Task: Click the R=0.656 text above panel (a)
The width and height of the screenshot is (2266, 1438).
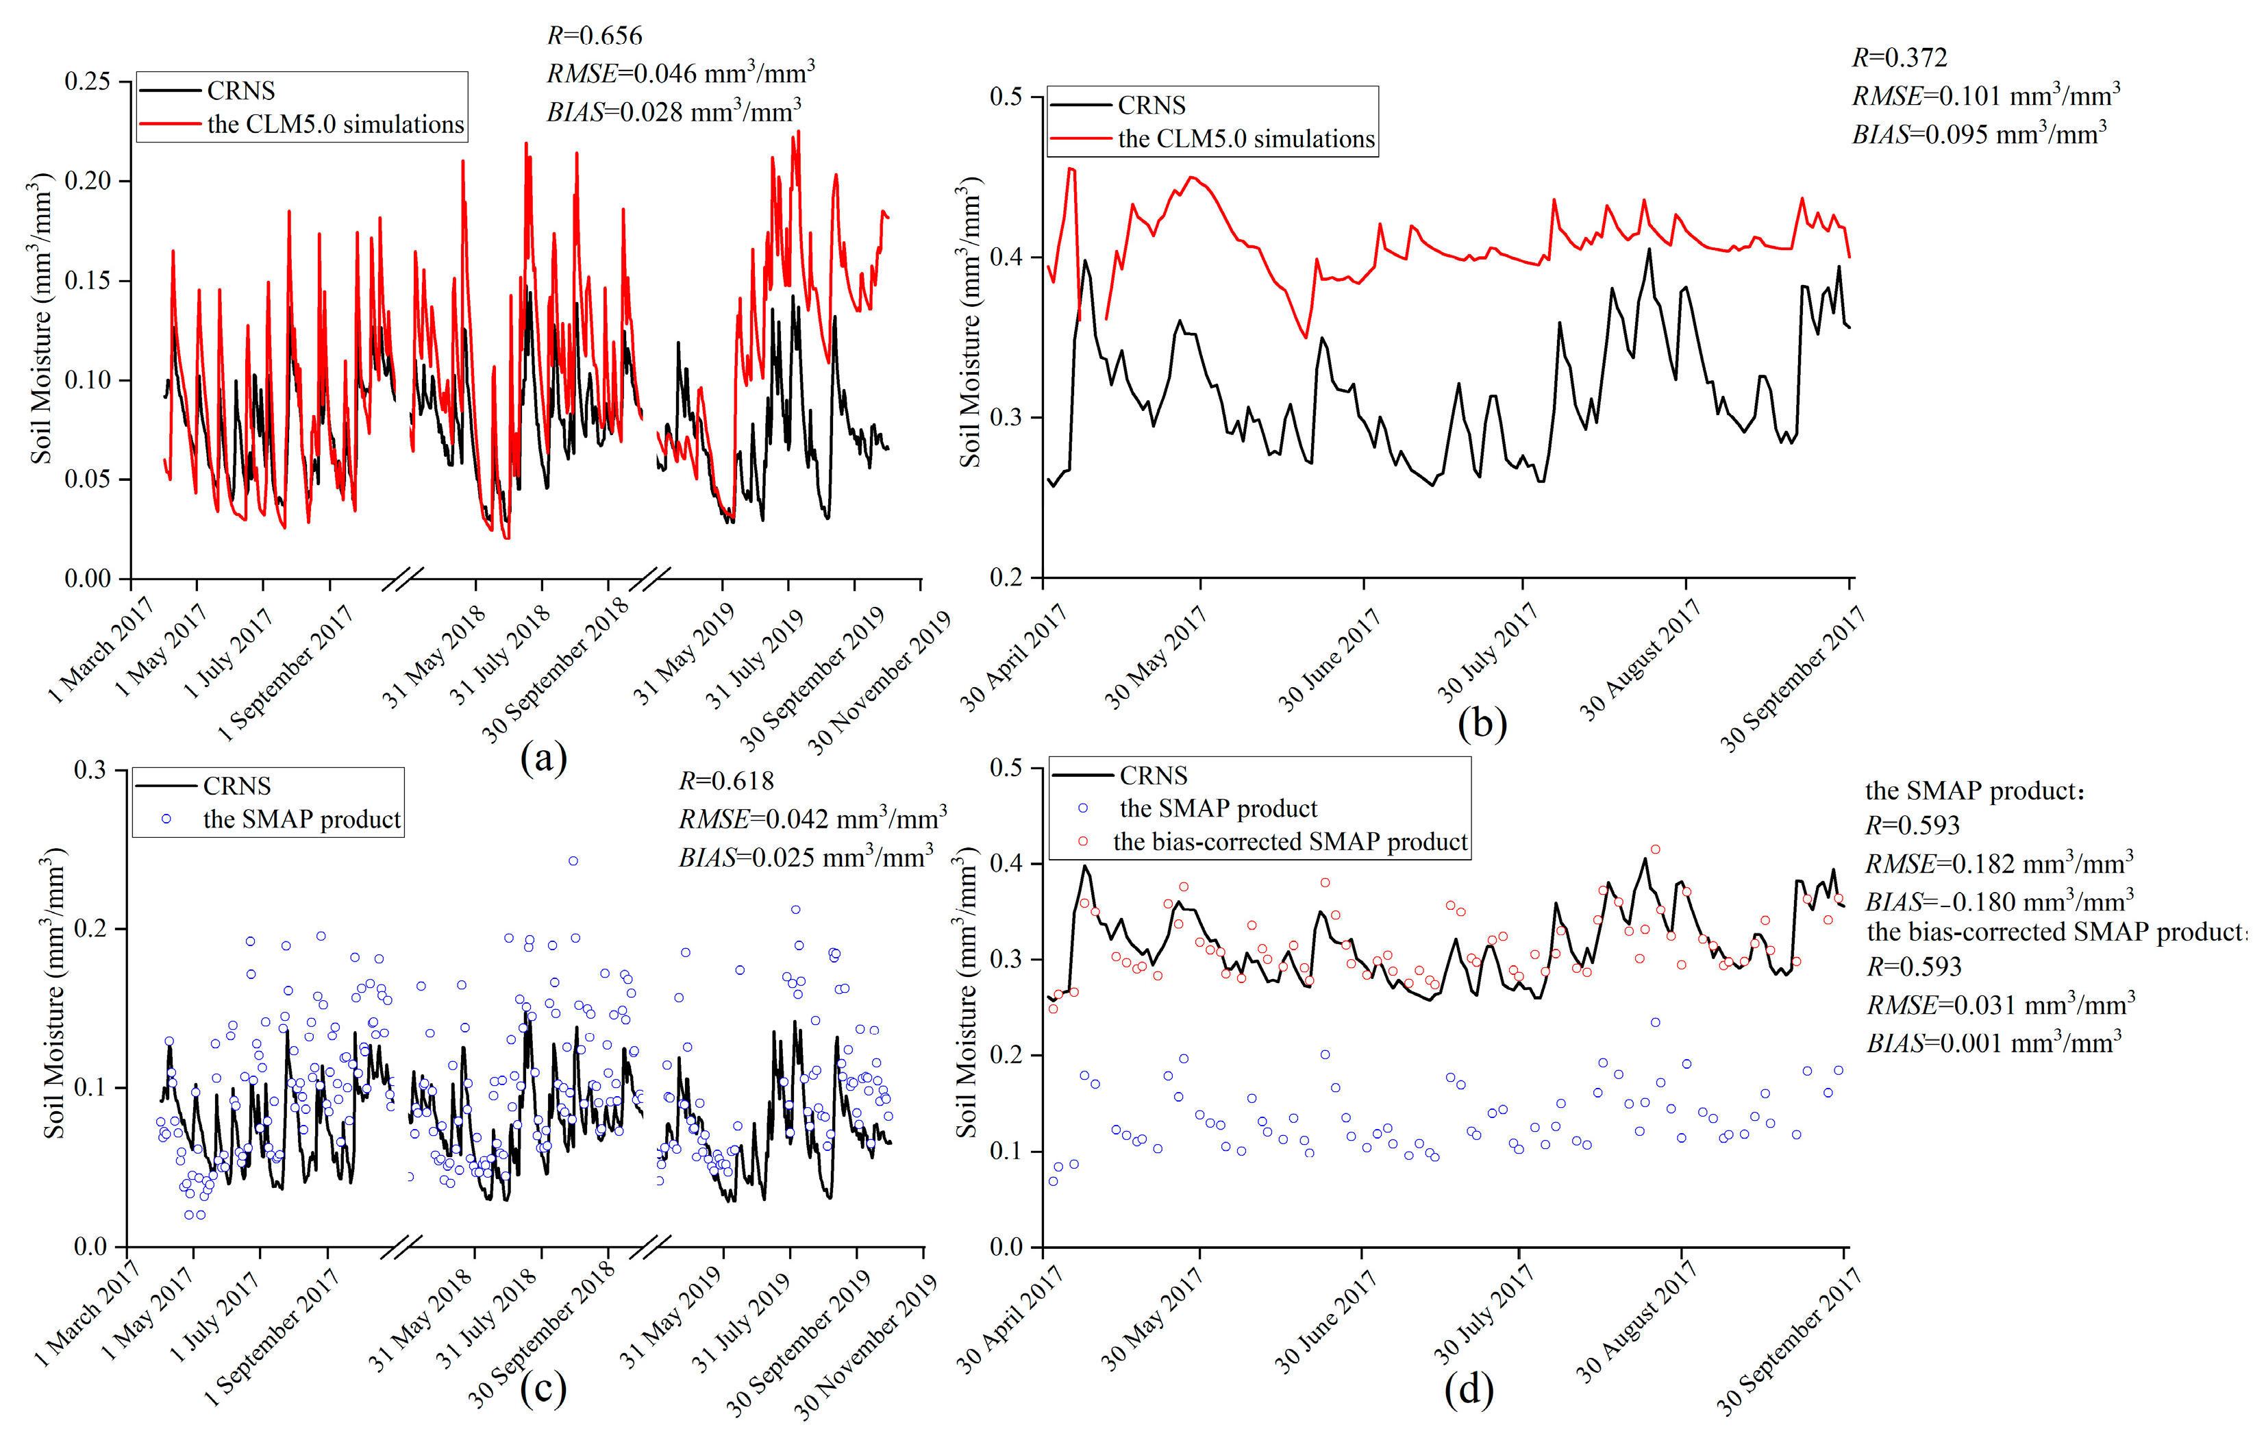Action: point(594,36)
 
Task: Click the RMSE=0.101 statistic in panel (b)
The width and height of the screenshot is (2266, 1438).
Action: point(1986,96)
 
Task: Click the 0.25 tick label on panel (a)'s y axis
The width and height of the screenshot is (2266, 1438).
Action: point(86,82)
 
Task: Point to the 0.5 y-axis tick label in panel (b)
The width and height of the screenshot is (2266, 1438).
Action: point(1008,97)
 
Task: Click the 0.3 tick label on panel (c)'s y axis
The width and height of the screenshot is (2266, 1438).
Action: point(90,771)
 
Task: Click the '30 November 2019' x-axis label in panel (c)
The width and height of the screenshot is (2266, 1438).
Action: point(867,1346)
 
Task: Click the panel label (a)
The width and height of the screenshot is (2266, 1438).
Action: point(543,756)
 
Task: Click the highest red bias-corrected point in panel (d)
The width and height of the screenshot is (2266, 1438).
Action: point(1655,850)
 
